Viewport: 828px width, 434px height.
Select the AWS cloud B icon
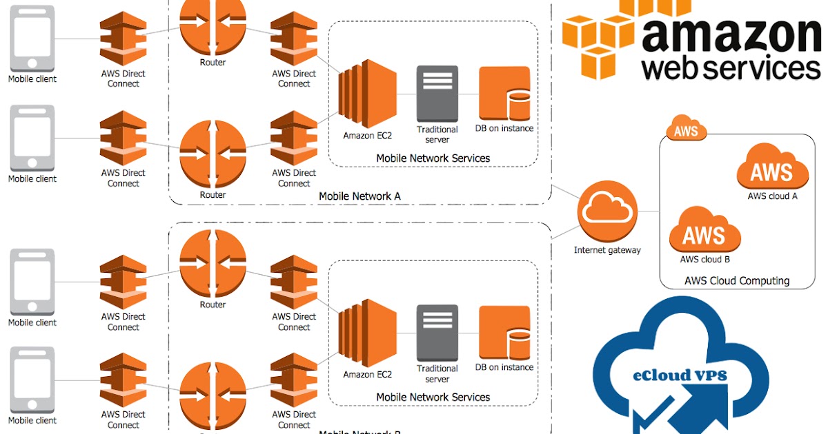[x=704, y=231]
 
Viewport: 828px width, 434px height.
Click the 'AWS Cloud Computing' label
[x=737, y=280]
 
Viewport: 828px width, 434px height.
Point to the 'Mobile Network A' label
[x=359, y=196]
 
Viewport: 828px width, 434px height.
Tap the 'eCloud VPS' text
[x=680, y=375]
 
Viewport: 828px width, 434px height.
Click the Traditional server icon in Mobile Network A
[x=437, y=94]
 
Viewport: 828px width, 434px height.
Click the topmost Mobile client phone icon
[x=32, y=38]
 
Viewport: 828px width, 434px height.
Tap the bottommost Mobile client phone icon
[x=32, y=380]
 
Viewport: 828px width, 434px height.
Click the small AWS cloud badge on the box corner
[x=687, y=130]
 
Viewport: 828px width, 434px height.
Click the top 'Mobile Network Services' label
[x=433, y=158]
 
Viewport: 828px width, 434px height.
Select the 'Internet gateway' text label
[x=607, y=250]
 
